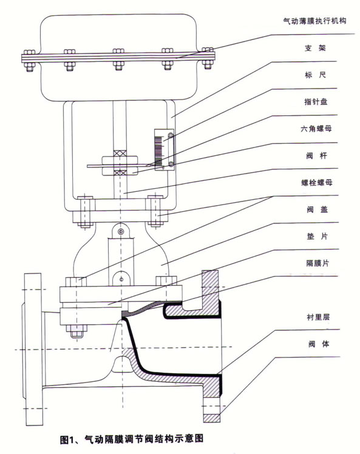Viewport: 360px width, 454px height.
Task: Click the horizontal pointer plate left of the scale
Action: [115, 164]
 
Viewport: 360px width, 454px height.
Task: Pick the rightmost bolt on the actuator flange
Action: [208, 58]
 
